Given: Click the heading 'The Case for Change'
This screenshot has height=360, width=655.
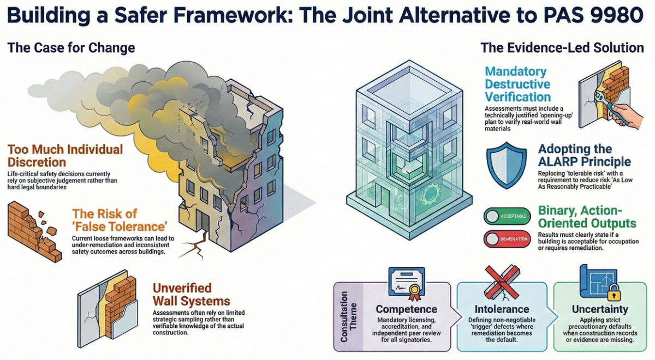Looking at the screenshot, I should click(x=71, y=48).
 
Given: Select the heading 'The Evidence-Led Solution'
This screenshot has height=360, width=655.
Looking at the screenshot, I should click(x=562, y=48).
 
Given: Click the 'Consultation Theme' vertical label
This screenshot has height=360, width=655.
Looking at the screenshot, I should click(x=344, y=317).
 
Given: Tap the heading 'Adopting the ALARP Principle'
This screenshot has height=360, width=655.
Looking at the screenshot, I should click(x=584, y=155).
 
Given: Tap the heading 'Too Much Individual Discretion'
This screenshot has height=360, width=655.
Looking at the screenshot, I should click(x=65, y=155).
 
